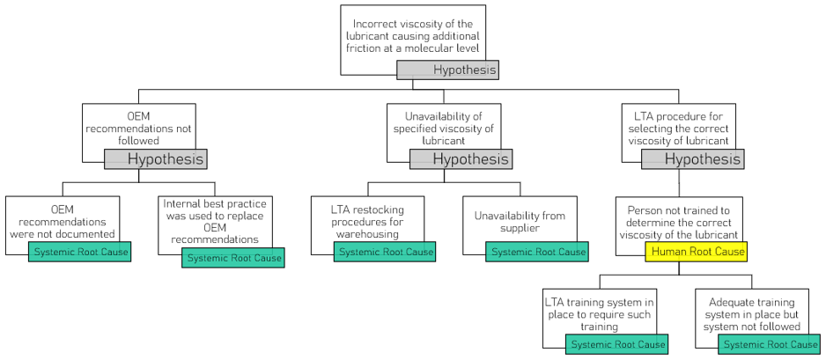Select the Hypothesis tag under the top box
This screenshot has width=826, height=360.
[447, 70]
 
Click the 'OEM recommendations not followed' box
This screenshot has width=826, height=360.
[138, 128]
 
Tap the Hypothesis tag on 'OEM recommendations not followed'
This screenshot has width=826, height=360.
[155, 159]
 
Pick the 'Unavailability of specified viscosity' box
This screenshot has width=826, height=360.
[443, 128]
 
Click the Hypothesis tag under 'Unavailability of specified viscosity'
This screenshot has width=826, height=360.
[461, 159]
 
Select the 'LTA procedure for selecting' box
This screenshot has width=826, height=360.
[681, 128]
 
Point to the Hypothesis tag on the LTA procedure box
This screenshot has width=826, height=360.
[691, 159]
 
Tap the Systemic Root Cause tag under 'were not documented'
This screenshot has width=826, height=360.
[79, 252]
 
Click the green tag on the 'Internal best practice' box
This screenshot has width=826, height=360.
[232, 258]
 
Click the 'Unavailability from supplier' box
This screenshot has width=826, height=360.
[520, 220]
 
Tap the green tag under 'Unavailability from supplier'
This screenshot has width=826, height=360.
[537, 252]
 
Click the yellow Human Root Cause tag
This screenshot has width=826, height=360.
[696, 252]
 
